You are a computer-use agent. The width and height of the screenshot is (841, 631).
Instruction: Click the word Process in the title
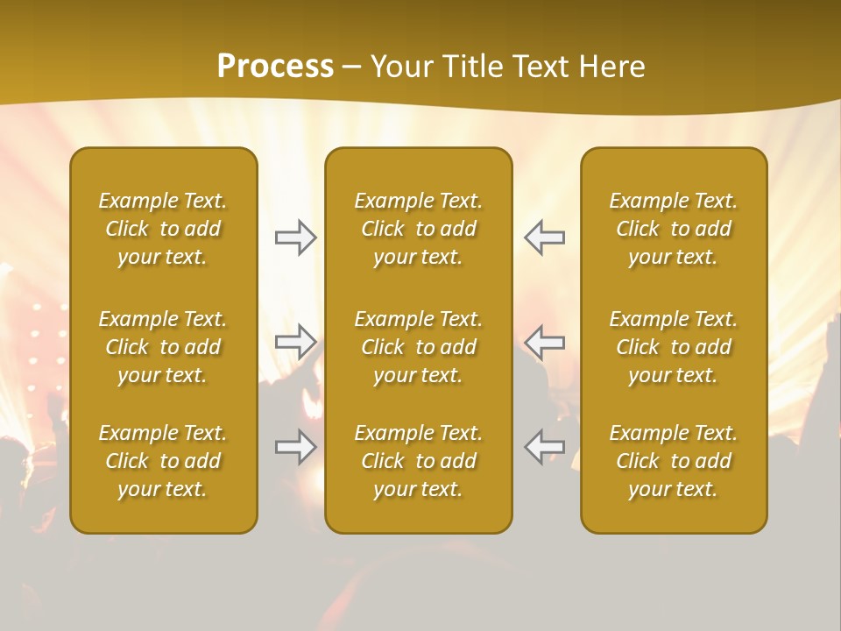[x=275, y=67]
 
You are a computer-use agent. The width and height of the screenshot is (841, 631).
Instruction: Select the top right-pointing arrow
[x=295, y=238]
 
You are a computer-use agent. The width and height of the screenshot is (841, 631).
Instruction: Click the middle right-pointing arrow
[x=295, y=341]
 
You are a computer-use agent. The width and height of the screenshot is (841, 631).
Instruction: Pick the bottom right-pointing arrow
[x=295, y=447]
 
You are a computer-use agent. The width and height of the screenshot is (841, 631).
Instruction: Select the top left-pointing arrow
[x=545, y=238]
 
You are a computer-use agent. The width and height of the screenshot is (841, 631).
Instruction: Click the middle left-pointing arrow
[x=545, y=341]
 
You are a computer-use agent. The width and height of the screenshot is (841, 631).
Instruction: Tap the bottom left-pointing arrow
[x=545, y=447]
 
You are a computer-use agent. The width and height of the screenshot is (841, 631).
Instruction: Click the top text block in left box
[x=163, y=229]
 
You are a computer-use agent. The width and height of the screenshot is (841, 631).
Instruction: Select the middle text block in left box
[x=163, y=347]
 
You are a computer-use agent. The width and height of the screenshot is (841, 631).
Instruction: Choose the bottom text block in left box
[x=163, y=461]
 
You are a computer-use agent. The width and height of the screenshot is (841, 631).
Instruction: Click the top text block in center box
[x=418, y=229]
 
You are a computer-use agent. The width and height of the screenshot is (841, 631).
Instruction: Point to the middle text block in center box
[x=418, y=347]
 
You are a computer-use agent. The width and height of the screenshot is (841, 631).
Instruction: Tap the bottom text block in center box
[x=418, y=461]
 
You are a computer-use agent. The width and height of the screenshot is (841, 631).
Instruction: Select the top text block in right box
[x=674, y=229]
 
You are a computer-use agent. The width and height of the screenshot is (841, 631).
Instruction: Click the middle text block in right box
[x=674, y=347]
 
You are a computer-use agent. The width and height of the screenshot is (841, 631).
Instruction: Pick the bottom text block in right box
[x=674, y=461]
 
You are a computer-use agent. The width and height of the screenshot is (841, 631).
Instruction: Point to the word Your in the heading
[x=401, y=67]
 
